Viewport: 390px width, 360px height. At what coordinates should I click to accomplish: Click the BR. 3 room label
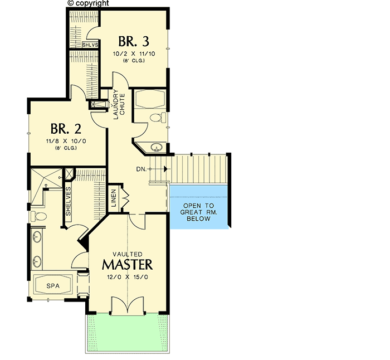133,41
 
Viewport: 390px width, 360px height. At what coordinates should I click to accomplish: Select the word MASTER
127,263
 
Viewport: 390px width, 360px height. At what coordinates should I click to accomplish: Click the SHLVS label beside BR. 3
89,45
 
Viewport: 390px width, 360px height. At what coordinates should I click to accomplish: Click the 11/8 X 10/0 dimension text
66,142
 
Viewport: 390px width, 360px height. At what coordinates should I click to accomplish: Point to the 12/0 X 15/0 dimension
127,277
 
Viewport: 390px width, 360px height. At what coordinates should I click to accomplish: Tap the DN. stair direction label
140,168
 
